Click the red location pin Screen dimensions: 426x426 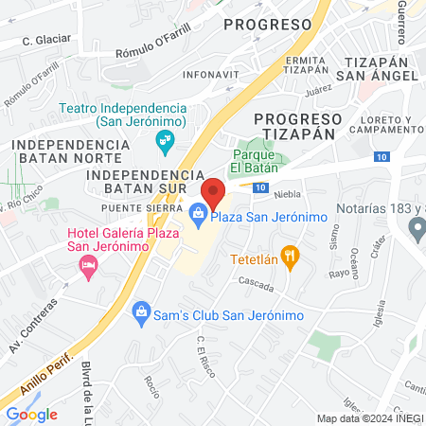point(213,193)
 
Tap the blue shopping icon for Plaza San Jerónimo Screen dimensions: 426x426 point(198,217)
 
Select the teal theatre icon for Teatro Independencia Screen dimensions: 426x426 point(165,143)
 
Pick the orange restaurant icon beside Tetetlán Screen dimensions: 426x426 point(290,254)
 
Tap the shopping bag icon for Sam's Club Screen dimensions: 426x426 point(141,311)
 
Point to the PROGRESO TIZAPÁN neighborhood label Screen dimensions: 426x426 point(297,126)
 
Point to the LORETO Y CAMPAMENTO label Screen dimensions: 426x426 point(386,124)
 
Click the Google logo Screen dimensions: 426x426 point(31,414)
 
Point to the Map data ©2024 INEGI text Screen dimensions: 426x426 point(369,418)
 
